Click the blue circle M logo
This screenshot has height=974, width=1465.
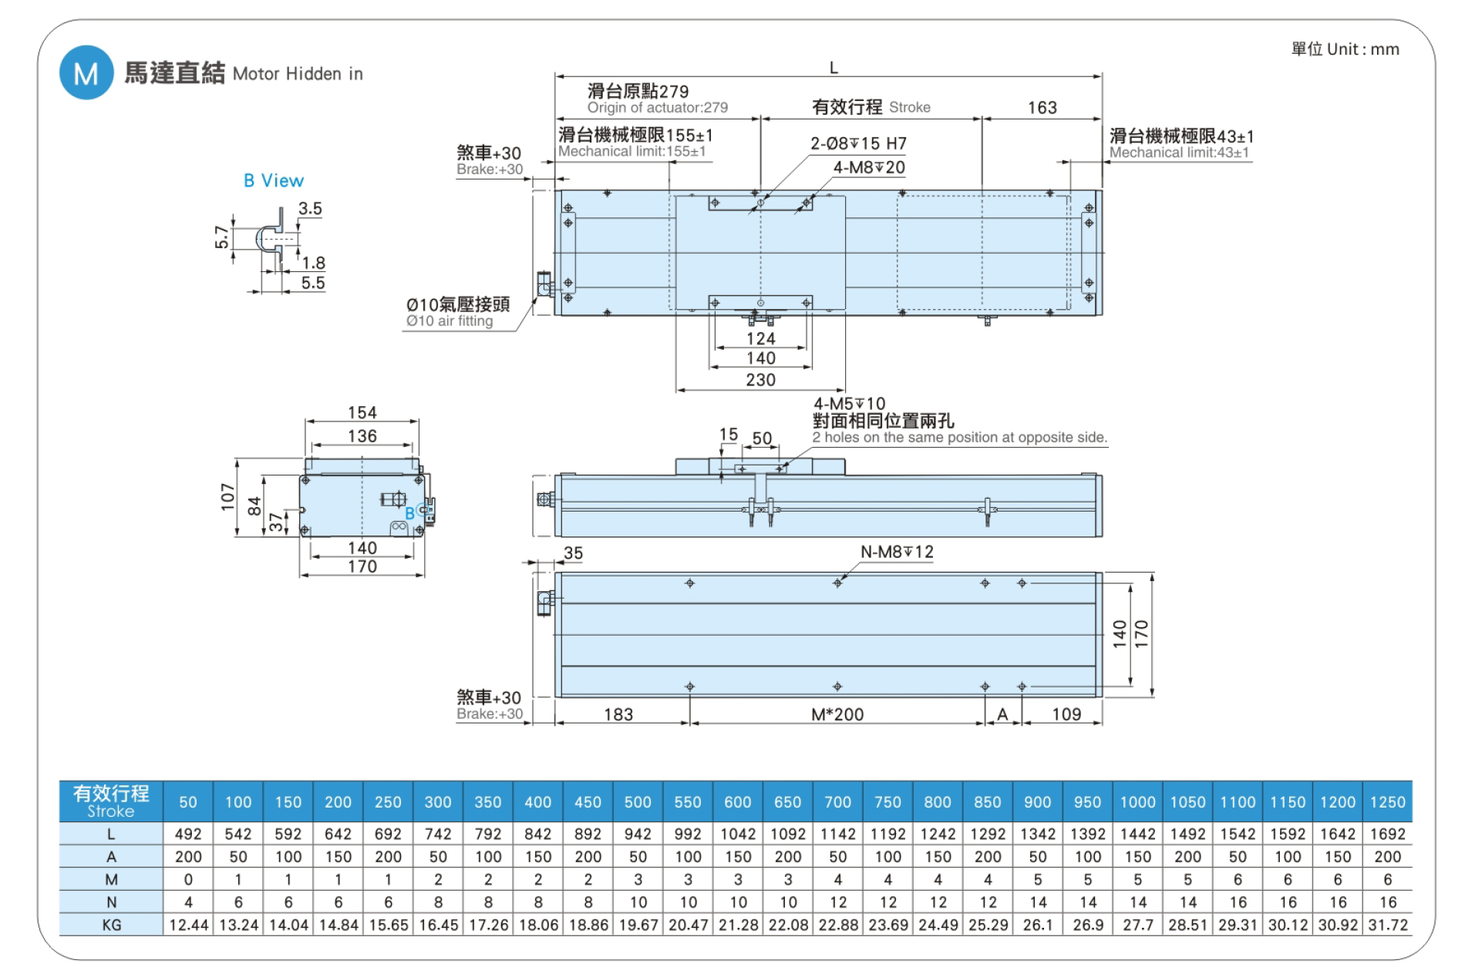[86, 73]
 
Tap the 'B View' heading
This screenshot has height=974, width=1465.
[274, 180]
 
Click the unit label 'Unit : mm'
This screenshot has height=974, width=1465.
[1362, 49]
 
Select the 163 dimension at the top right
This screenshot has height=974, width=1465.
[1042, 108]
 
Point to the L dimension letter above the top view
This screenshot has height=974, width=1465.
[834, 68]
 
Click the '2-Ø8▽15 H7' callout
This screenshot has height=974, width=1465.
[857, 143]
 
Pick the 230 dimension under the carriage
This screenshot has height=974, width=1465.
[760, 380]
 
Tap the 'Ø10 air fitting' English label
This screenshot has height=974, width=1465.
[450, 321]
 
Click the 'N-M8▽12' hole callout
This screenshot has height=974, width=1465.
[896, 552]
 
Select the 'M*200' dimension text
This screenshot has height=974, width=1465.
[837, 714]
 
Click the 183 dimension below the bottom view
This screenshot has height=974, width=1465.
[618, 714]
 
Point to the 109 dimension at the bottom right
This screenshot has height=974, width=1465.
[1066, 714]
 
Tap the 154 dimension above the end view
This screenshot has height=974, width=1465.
[362, 413]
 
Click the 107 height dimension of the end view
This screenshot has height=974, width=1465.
[227, 497]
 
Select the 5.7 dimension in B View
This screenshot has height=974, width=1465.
[222, 237]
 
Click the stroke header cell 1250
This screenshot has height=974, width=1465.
[1387, 802]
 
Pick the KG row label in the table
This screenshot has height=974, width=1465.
[111, 925]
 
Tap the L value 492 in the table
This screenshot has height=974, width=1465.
[188, 834]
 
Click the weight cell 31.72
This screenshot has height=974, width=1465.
[1387, 925]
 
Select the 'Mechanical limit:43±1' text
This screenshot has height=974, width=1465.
[1179, 153]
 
